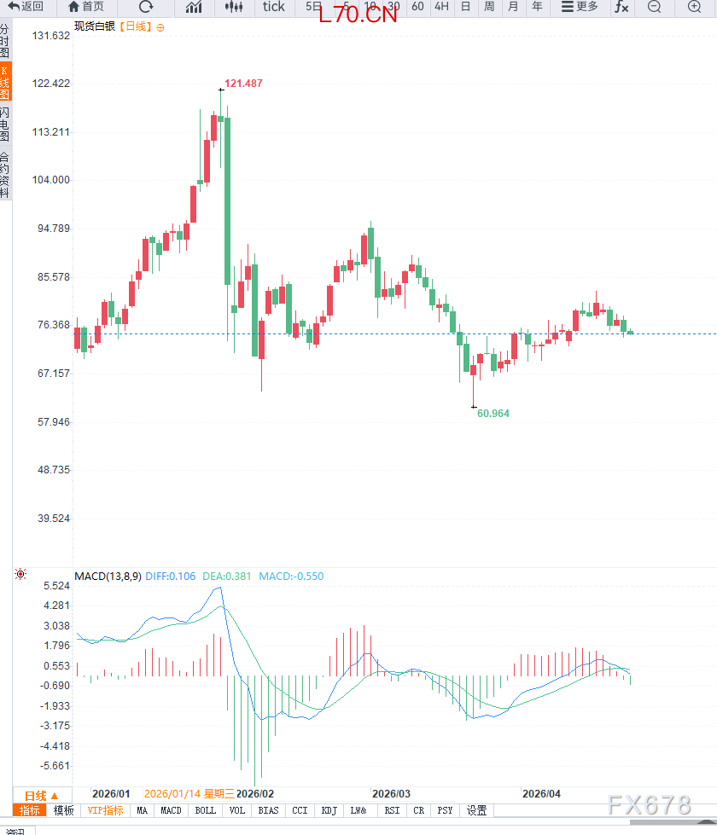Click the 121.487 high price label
tap(243, 84)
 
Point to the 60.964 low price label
tap(493, 414)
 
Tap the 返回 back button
tap(26, 7)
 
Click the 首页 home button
tap(86, 7)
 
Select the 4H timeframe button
tap(441, 7)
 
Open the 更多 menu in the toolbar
tap(580, 7)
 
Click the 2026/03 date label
tap(392, 793)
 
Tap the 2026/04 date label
tap(541, 793)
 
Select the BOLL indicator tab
tap(206, 810)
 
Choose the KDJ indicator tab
tap(329, 810)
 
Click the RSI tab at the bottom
tap(392, 810)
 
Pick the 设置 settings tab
tap(476, 810)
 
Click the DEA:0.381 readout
tap(227, 577)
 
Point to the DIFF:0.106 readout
tap(172, 577)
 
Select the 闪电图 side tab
tap(5, 125)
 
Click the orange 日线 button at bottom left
tap(41, 795)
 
